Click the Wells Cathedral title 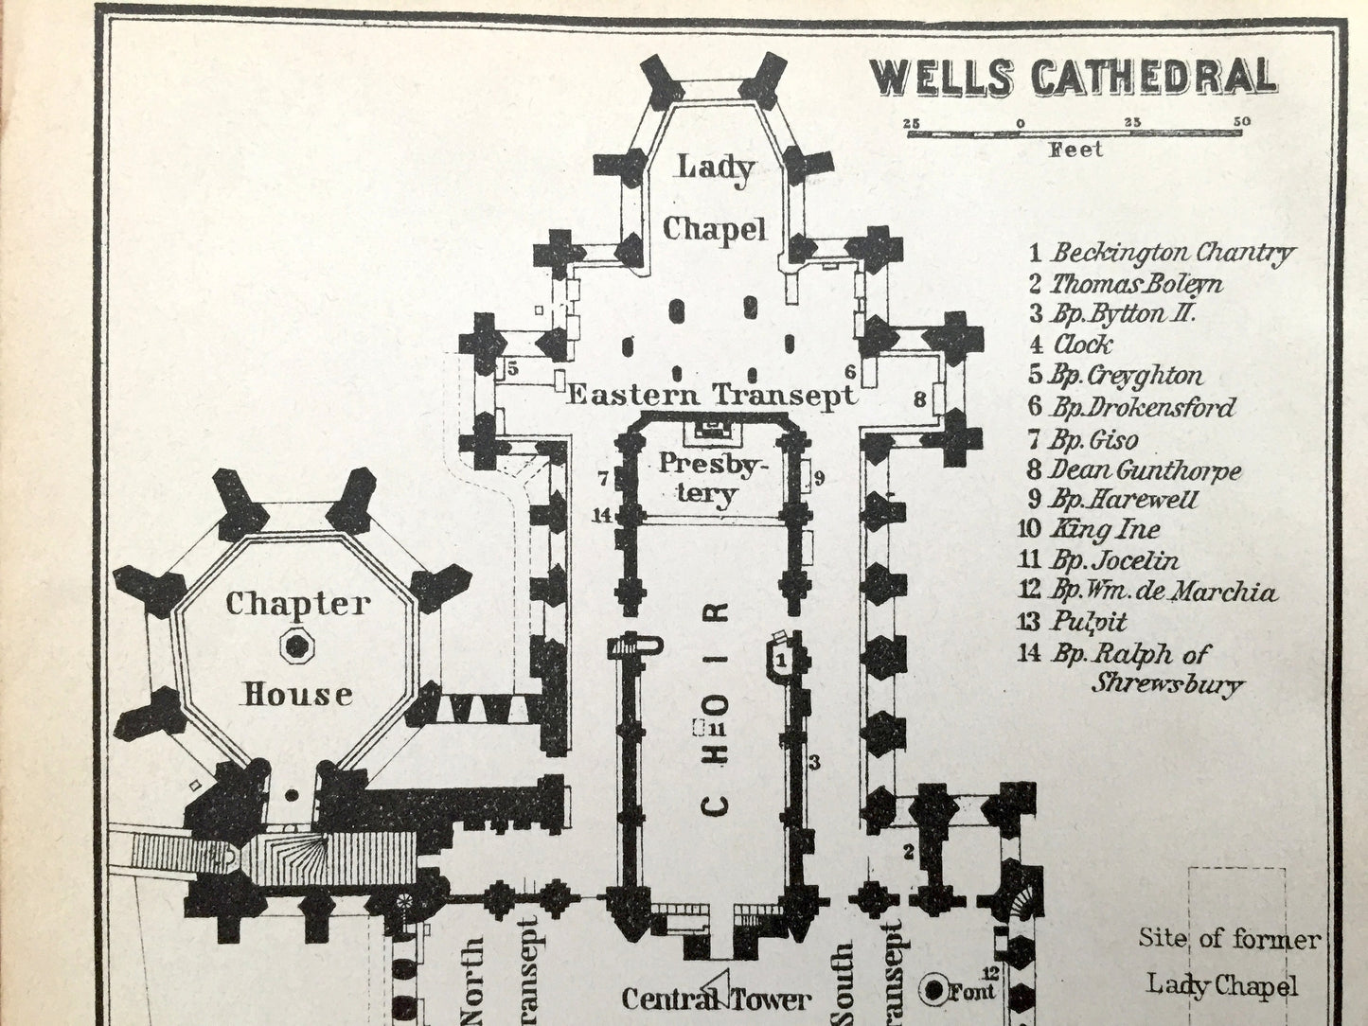tap(1073, 78)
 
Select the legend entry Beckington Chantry tap(1163, 253)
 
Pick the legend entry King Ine tap(1090, 530)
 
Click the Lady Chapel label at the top tap(714, 199)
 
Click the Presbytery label tap(712, 478)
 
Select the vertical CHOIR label tap(717, 705)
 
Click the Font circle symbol tap(935, 990)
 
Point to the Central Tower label tap(716, 999)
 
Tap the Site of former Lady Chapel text tap(1228, 961)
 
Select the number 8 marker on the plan tap(919, 400)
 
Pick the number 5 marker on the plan tap(512, 369)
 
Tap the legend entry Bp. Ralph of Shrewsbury tap(1128, 667)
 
